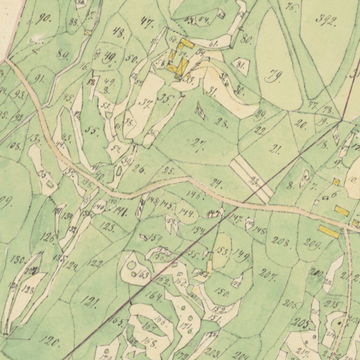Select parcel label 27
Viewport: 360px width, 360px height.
pyautogui.click(x=198, y=145)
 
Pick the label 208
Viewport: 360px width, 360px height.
pyautogui.click(x=281, y=242)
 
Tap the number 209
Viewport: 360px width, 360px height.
pyautogui.click(x=311, y=244)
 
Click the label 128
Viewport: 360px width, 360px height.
pyautogui.click(x=27, y=290)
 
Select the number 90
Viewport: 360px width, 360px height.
pyautogui.click(x=43, y=18)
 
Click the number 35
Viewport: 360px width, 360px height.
pyautogui.click(x=164, y=98)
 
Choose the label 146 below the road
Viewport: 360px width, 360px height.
pyautogui.click(x=195, y=194)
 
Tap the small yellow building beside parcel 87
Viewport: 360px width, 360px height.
pyautogui.click(x=88, y=33)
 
